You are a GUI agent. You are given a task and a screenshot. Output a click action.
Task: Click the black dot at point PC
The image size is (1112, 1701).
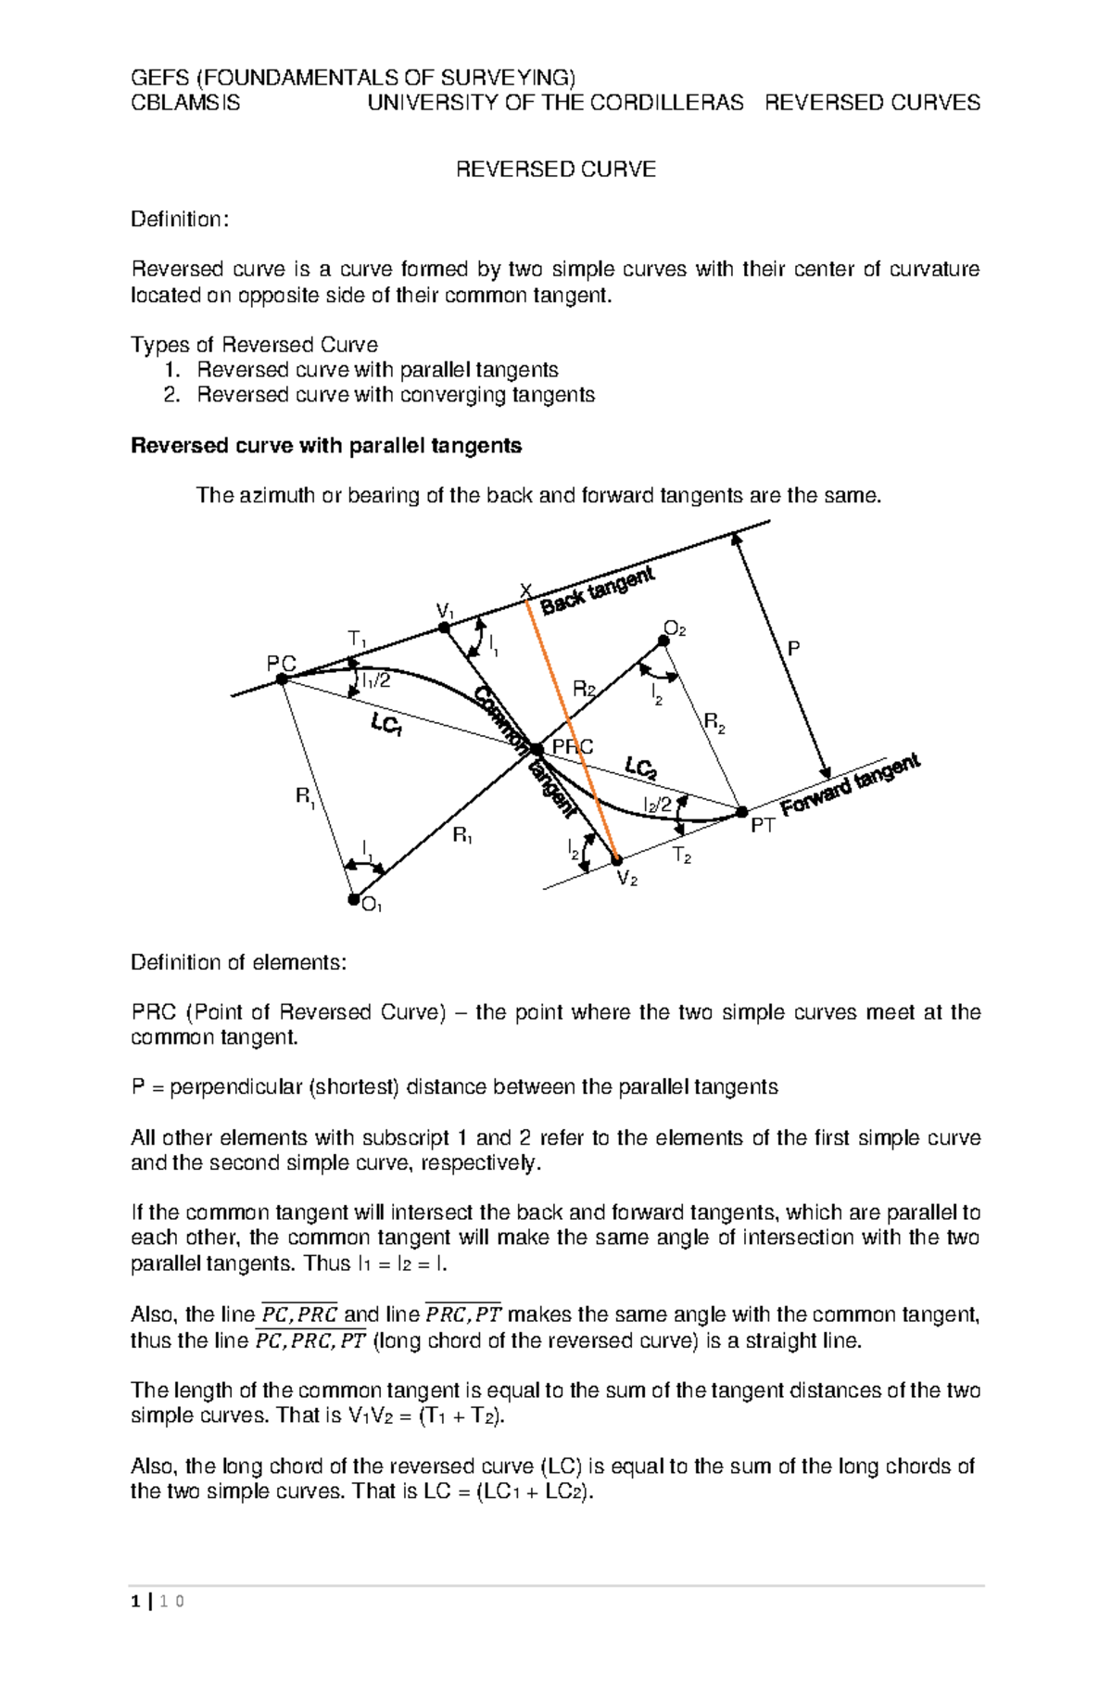[x=283, y=679]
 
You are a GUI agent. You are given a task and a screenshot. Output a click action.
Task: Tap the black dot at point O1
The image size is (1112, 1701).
[x=353, y=898]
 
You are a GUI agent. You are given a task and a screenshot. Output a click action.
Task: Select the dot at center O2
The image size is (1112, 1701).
[x=663, y=640]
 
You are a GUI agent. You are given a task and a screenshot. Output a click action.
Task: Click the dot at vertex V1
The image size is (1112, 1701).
[x=444, y=628]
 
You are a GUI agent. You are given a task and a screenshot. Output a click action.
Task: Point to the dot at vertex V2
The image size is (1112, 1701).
[x=617, y=859]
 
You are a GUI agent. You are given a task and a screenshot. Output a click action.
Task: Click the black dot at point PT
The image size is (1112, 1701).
[x=741, y=812]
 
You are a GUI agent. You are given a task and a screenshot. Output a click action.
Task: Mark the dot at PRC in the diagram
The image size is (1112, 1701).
[x=537, y=749]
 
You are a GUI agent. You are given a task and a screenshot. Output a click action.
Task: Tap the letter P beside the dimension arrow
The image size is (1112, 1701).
[x=793, y=649]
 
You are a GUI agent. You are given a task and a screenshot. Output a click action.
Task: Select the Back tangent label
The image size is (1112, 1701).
[x=598, y=590]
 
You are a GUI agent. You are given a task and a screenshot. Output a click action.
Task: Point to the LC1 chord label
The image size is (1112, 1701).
[x=387, y=725]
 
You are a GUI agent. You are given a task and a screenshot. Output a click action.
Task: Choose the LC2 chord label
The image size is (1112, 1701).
[x=640, y=768]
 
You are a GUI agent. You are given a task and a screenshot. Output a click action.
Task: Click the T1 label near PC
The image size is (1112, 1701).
[x=357, y=639]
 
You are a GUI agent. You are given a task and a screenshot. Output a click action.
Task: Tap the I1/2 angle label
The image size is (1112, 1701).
[x=376, y=681]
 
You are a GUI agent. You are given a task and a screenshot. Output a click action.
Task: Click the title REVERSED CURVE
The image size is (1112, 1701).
[x=555, y=169]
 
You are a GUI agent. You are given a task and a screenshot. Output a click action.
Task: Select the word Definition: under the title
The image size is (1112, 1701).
[x=179, y=220]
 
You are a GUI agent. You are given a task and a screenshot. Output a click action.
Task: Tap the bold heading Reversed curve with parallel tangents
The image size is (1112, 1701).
[x=326, y=446]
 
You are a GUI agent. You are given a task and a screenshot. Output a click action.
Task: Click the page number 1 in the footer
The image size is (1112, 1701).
[x=136, y=1601]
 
